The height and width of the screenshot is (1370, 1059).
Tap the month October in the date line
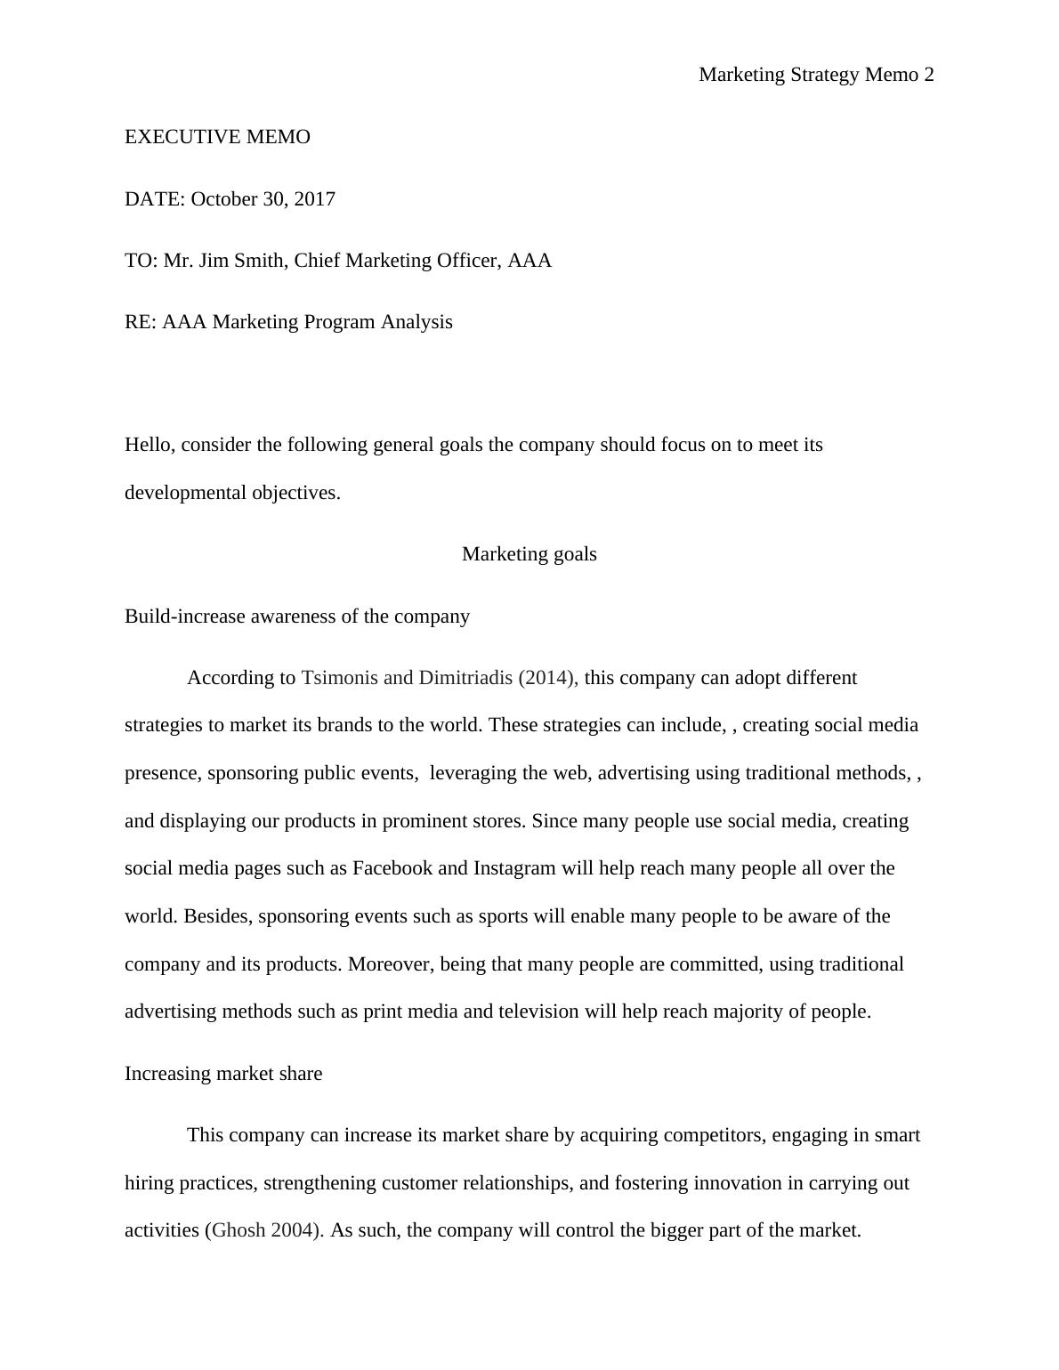click(223, 199)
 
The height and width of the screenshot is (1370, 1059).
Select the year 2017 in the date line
click(315, 199)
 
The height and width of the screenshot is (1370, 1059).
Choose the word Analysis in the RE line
click(416, 322)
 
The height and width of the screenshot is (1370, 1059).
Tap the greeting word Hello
click(150, 445)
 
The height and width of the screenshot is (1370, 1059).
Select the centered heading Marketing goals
click(529, 554)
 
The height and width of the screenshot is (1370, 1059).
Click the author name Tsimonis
click(339, 678)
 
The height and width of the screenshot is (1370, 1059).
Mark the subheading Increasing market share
click(223, 1074)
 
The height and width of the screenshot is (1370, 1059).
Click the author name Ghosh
click(238, 1231)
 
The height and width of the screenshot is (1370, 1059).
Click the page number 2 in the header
click(929, 75)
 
